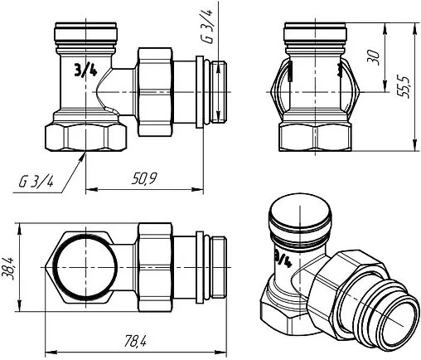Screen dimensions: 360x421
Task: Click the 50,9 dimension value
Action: [144, 178]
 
